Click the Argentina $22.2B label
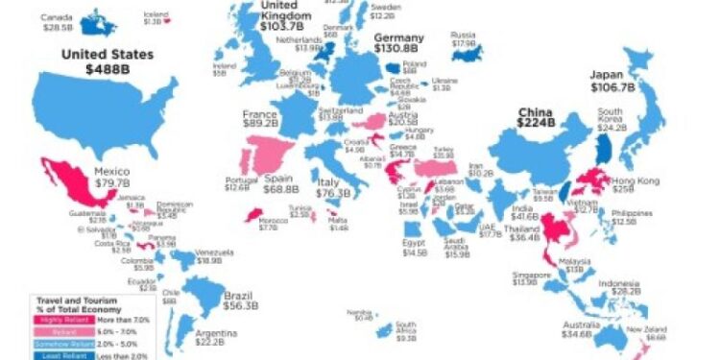(217, 337)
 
